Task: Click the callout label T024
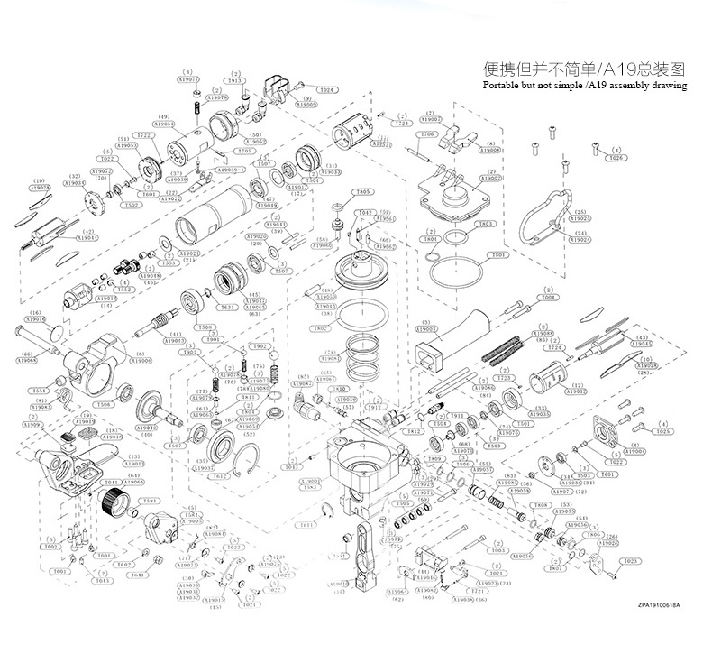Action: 326,90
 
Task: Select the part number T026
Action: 616,158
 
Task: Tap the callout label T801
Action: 495,255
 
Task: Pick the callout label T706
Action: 428,134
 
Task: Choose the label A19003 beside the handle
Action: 427,330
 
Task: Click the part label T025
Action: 664,432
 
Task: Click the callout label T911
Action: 457,416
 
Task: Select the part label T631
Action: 229,307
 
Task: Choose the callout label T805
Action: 362,192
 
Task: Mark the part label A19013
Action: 176,341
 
